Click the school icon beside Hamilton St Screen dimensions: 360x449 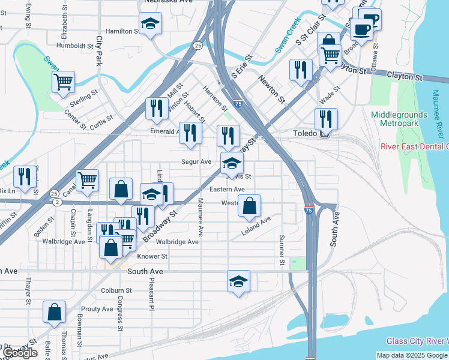point(150,23)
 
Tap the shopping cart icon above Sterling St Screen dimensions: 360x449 point(63,81)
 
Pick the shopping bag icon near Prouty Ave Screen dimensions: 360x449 point(54,312)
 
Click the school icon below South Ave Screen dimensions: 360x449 point(238,281)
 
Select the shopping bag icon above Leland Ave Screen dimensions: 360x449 point(249,206)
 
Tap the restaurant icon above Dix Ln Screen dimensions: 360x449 point(24,176)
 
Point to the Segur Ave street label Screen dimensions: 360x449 point(196,162)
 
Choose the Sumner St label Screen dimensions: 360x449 point(281,250)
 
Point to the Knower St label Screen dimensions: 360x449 point(152,256)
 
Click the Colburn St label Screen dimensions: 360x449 point(116,291)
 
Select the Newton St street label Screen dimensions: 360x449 point(271,86)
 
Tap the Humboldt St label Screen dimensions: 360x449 point(73,45)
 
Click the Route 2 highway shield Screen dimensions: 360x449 point(56,203)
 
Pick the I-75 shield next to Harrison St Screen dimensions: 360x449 point(238,104)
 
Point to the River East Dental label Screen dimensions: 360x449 point(415,146)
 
